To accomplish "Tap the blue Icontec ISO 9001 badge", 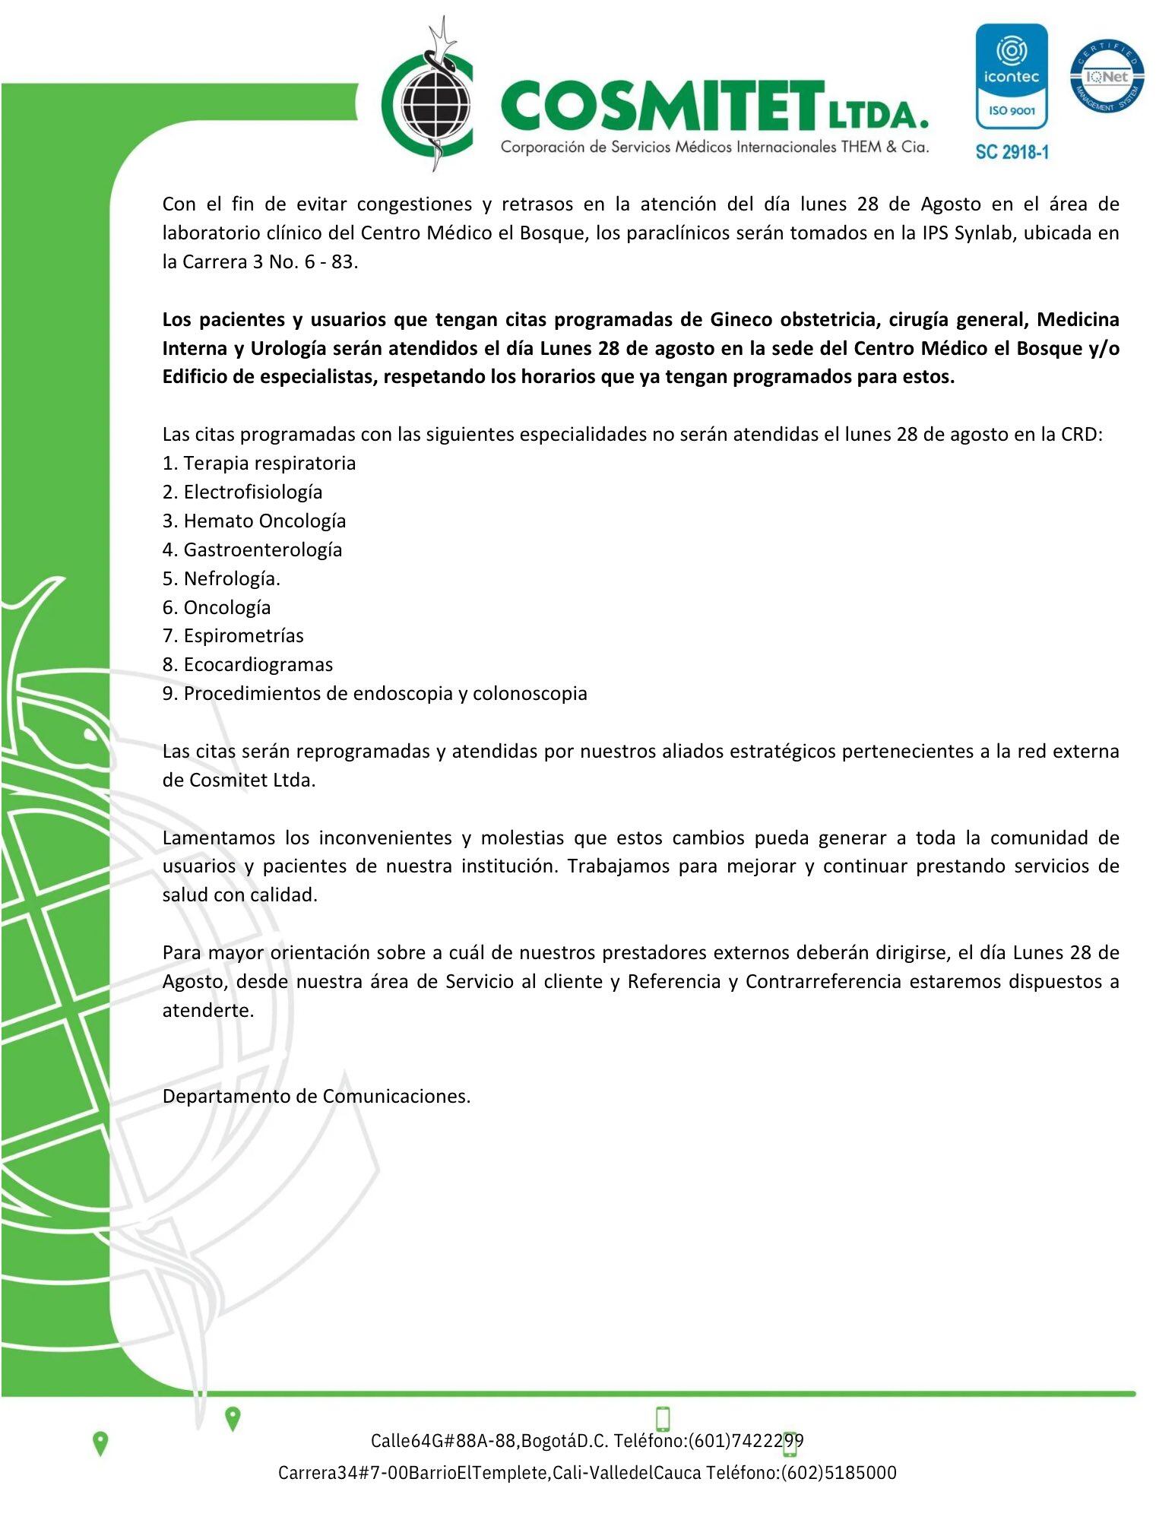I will [1011, 77].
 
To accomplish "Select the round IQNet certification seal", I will [1107, 77].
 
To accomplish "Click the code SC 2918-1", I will [1012, 152].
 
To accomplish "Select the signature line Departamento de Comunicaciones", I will [316, 1096].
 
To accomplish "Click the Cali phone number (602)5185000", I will [839, 1472].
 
